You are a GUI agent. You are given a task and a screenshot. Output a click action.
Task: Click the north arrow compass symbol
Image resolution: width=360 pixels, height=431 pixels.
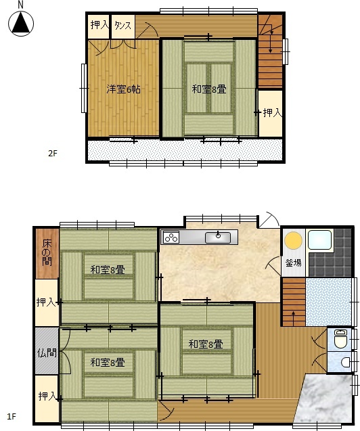click(21, 24)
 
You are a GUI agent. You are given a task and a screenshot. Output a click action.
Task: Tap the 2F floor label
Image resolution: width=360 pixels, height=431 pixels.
click(53, 153)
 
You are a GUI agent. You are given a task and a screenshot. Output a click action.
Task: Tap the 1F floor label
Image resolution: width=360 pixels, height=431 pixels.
click(12, 416)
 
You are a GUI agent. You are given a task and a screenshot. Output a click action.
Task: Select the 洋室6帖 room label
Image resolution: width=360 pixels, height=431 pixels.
click(123, 89)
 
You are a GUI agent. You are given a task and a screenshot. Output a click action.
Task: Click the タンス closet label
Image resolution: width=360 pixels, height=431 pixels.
click(123, 26)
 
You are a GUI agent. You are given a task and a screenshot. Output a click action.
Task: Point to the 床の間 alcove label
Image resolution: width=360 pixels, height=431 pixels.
click(47, 252)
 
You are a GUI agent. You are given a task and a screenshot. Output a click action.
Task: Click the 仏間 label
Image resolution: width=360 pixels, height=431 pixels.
click(47, 353)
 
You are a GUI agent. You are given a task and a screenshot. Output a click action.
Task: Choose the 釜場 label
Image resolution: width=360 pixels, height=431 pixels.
click(293, 263)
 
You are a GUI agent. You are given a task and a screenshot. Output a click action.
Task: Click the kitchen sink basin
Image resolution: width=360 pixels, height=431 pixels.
click(218, 237)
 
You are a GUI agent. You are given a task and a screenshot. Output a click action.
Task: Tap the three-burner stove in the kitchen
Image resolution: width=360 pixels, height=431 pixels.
click(171, 237)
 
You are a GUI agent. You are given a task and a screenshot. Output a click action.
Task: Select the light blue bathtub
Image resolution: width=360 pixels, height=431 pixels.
click(319, 240)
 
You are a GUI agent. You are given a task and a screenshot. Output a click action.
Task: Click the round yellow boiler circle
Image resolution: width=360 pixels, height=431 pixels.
click(293, 240)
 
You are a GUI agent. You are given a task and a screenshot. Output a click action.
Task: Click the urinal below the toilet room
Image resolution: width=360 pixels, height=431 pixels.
click(345, 362)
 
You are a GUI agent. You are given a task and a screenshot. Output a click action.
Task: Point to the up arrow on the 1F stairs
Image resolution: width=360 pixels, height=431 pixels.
click(294, 317)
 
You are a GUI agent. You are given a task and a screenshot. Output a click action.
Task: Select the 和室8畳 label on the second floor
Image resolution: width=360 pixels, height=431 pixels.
click(209, 89)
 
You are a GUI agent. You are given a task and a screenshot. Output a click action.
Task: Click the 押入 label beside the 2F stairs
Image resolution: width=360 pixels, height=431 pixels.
click(273, 112)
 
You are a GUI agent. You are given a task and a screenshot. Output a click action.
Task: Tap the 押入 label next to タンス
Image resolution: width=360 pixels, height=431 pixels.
click(99, 25)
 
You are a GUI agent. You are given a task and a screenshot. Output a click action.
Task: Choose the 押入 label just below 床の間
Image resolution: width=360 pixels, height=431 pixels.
click(46, 302)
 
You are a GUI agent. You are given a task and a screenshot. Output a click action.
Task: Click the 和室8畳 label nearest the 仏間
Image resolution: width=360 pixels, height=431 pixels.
click(108, 363)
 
